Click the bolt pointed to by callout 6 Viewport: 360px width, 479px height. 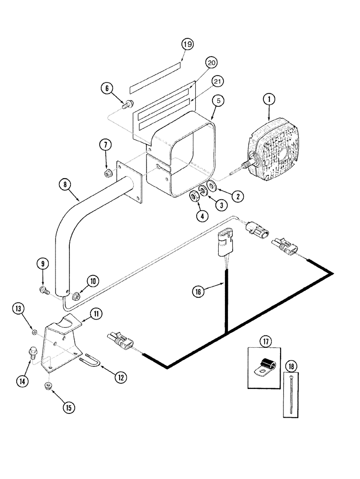pos(128,104)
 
